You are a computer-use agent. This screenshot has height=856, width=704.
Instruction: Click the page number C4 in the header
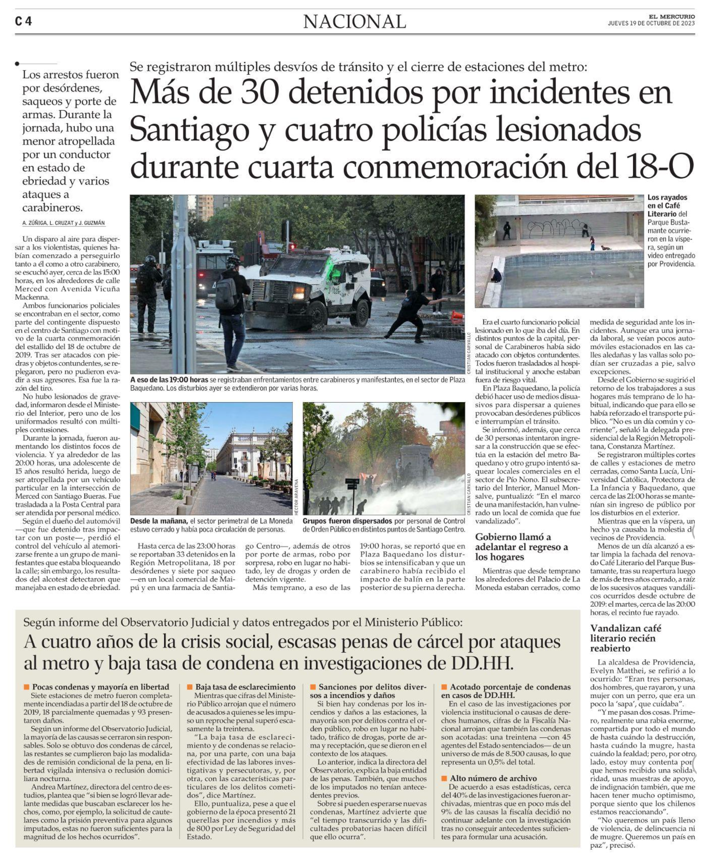tap(24, 21)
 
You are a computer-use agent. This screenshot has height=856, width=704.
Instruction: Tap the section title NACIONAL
tap(355, 21)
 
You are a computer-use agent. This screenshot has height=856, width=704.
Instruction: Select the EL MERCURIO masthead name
tap(671, 17)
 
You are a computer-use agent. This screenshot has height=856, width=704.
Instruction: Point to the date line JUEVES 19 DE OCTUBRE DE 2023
tap(651, 23)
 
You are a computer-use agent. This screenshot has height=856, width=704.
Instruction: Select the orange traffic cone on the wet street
tap(458, 315)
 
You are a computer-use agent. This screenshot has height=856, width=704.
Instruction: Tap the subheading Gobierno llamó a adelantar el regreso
tap(521, 547)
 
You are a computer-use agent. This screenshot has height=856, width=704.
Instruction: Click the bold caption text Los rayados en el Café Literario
tap(667, 206)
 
